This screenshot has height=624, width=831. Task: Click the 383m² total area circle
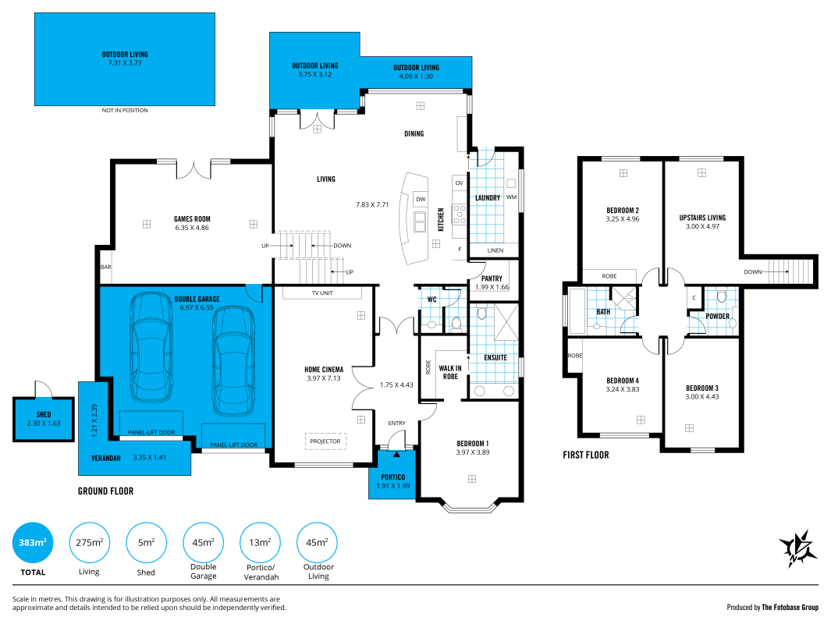pyautogui.click(x=33, y=542)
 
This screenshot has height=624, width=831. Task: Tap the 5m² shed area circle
pyautogui.click(x=146, y=542)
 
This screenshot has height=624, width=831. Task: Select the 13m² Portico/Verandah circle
pyautogui.click(x=260, y=542)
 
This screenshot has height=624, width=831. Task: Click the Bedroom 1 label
pyautogui.click(x=473, y=443)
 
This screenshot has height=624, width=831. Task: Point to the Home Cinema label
pyautogui.click(x=324, y=369)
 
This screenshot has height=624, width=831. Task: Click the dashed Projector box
pyautogui.click(x=325, y=441)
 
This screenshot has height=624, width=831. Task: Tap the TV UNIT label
pyautogui.click(x=322, y=293)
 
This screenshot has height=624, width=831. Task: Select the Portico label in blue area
pyautogui.click(x=392, y=477)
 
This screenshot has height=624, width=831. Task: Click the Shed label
pyautogui.click(x=44, y=415)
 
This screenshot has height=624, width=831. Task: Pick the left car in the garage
pyautogui.click(x=151, y=347)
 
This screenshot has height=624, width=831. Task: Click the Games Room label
pyautogui.click(x=193, y=218)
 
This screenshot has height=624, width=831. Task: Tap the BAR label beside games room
pyautogui.click(x=106, y=267)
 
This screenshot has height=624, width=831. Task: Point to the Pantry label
pyautogui.click(x=492, y=278)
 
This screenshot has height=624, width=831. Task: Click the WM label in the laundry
pyautogui.click(x=511, y=197)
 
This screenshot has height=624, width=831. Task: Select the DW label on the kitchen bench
pyautogui.click(x=421, y=199)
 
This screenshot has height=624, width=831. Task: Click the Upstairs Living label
pyautogui.click(x=703, y=218)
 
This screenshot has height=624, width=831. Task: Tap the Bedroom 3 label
pyautogui.click(x=702, y=388)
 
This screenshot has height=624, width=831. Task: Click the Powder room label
pyautogui.click(x=718, y=316)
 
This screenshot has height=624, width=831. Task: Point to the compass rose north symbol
pyautogui.click(x=797, y=549)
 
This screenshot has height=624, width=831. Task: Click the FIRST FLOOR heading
pyautogui.click(x=586, y=455)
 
